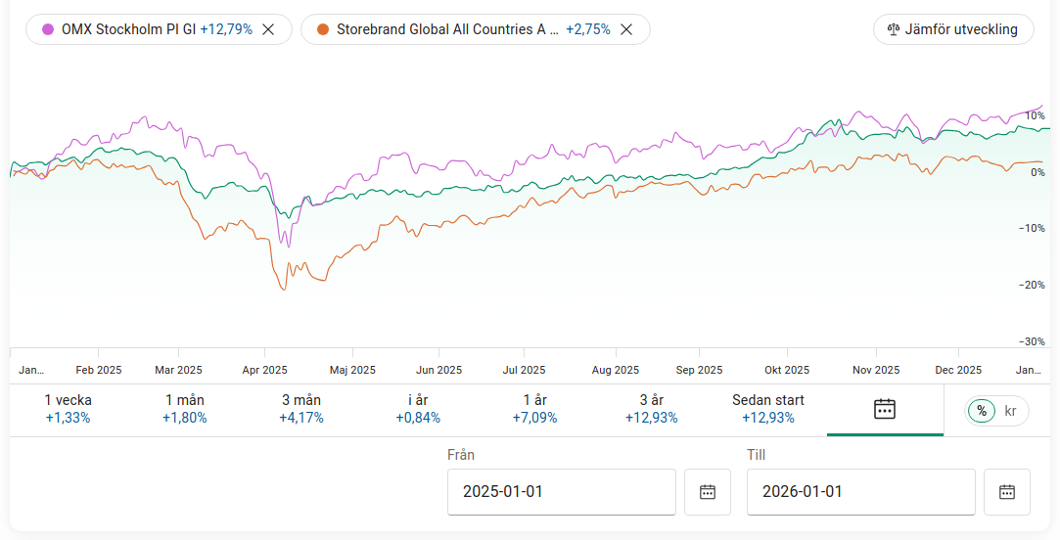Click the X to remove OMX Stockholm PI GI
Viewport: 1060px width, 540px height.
tap(269, 29)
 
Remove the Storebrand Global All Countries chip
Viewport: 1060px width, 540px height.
tap(627, 29)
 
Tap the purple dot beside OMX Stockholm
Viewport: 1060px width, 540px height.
tap(48, 29)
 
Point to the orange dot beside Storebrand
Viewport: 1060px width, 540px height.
tap(322, 29)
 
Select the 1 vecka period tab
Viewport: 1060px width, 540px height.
tap(68, 409)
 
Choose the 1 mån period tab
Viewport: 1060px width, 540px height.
tap(184, 409)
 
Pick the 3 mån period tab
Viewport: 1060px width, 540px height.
tap(300, 409)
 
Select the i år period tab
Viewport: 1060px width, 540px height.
tap(418, 409)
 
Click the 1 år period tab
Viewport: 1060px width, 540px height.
tap(534, 409)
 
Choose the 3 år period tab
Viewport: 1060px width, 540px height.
tap(651, 409)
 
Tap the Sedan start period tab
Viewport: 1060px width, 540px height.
tap(768, 409)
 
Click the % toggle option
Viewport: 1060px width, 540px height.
tap(982, 411)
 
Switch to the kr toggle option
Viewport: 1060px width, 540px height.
tap(1011, 411)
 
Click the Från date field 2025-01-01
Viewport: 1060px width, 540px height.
tap(561, 492)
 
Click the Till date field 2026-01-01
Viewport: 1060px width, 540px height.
tap(860, 492)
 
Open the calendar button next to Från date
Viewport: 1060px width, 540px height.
tap(708, 492)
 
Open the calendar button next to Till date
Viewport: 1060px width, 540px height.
tap(1007, 492)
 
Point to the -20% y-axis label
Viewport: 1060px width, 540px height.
tap(1032, 285)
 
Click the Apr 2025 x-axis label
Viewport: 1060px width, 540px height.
tap(264, 370)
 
